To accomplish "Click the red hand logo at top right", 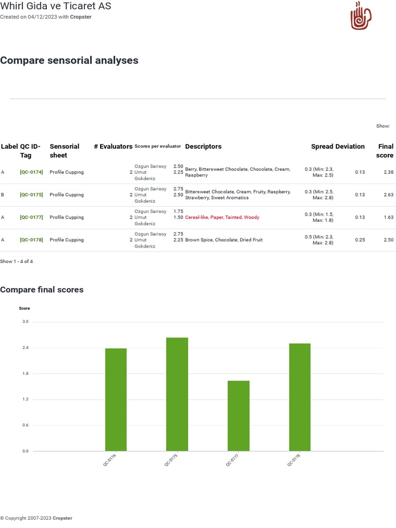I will click(361, 15).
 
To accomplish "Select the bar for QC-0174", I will click(115, 400).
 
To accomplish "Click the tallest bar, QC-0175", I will click(177, 394).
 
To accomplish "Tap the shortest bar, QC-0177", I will click(238, 416).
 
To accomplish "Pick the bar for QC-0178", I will click(300, 397).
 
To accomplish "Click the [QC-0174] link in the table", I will click(31, 172).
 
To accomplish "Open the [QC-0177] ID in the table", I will click(31, 218).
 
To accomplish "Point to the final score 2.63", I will click(388, 195).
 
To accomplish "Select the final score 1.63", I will click(388, 218).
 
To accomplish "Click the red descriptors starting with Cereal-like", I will click(222, 218).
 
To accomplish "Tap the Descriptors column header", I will click(203, 146).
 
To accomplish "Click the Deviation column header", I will click(350, 146).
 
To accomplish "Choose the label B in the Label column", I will click(3, 195).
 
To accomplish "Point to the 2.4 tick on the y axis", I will click(25, 348).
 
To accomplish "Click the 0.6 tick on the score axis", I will click(25, 425).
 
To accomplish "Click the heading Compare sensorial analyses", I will click(69, 60).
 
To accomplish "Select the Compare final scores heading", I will click(42, 290).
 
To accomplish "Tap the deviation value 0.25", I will click(359, 240).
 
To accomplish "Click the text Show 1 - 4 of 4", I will click(16, 261).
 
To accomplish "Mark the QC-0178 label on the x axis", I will click(294, 460).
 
